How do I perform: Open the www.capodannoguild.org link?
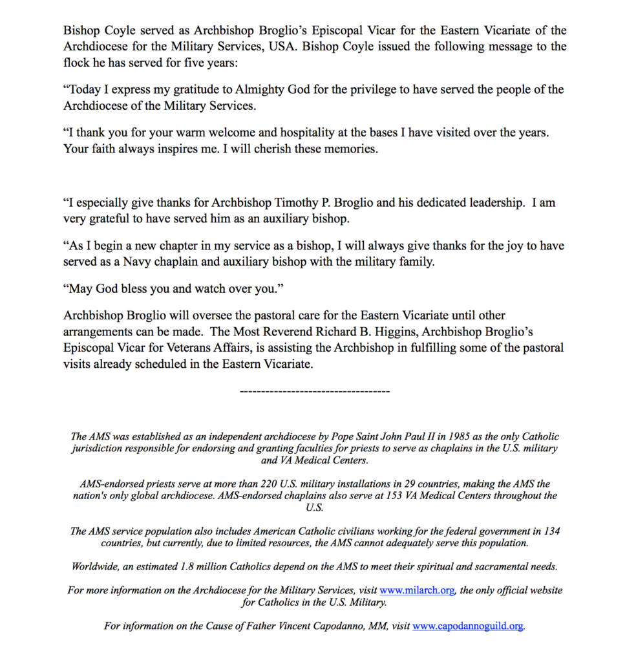tap(468, 626)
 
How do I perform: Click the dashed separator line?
tap(314, 390)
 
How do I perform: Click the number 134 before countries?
tap(551, 531)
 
